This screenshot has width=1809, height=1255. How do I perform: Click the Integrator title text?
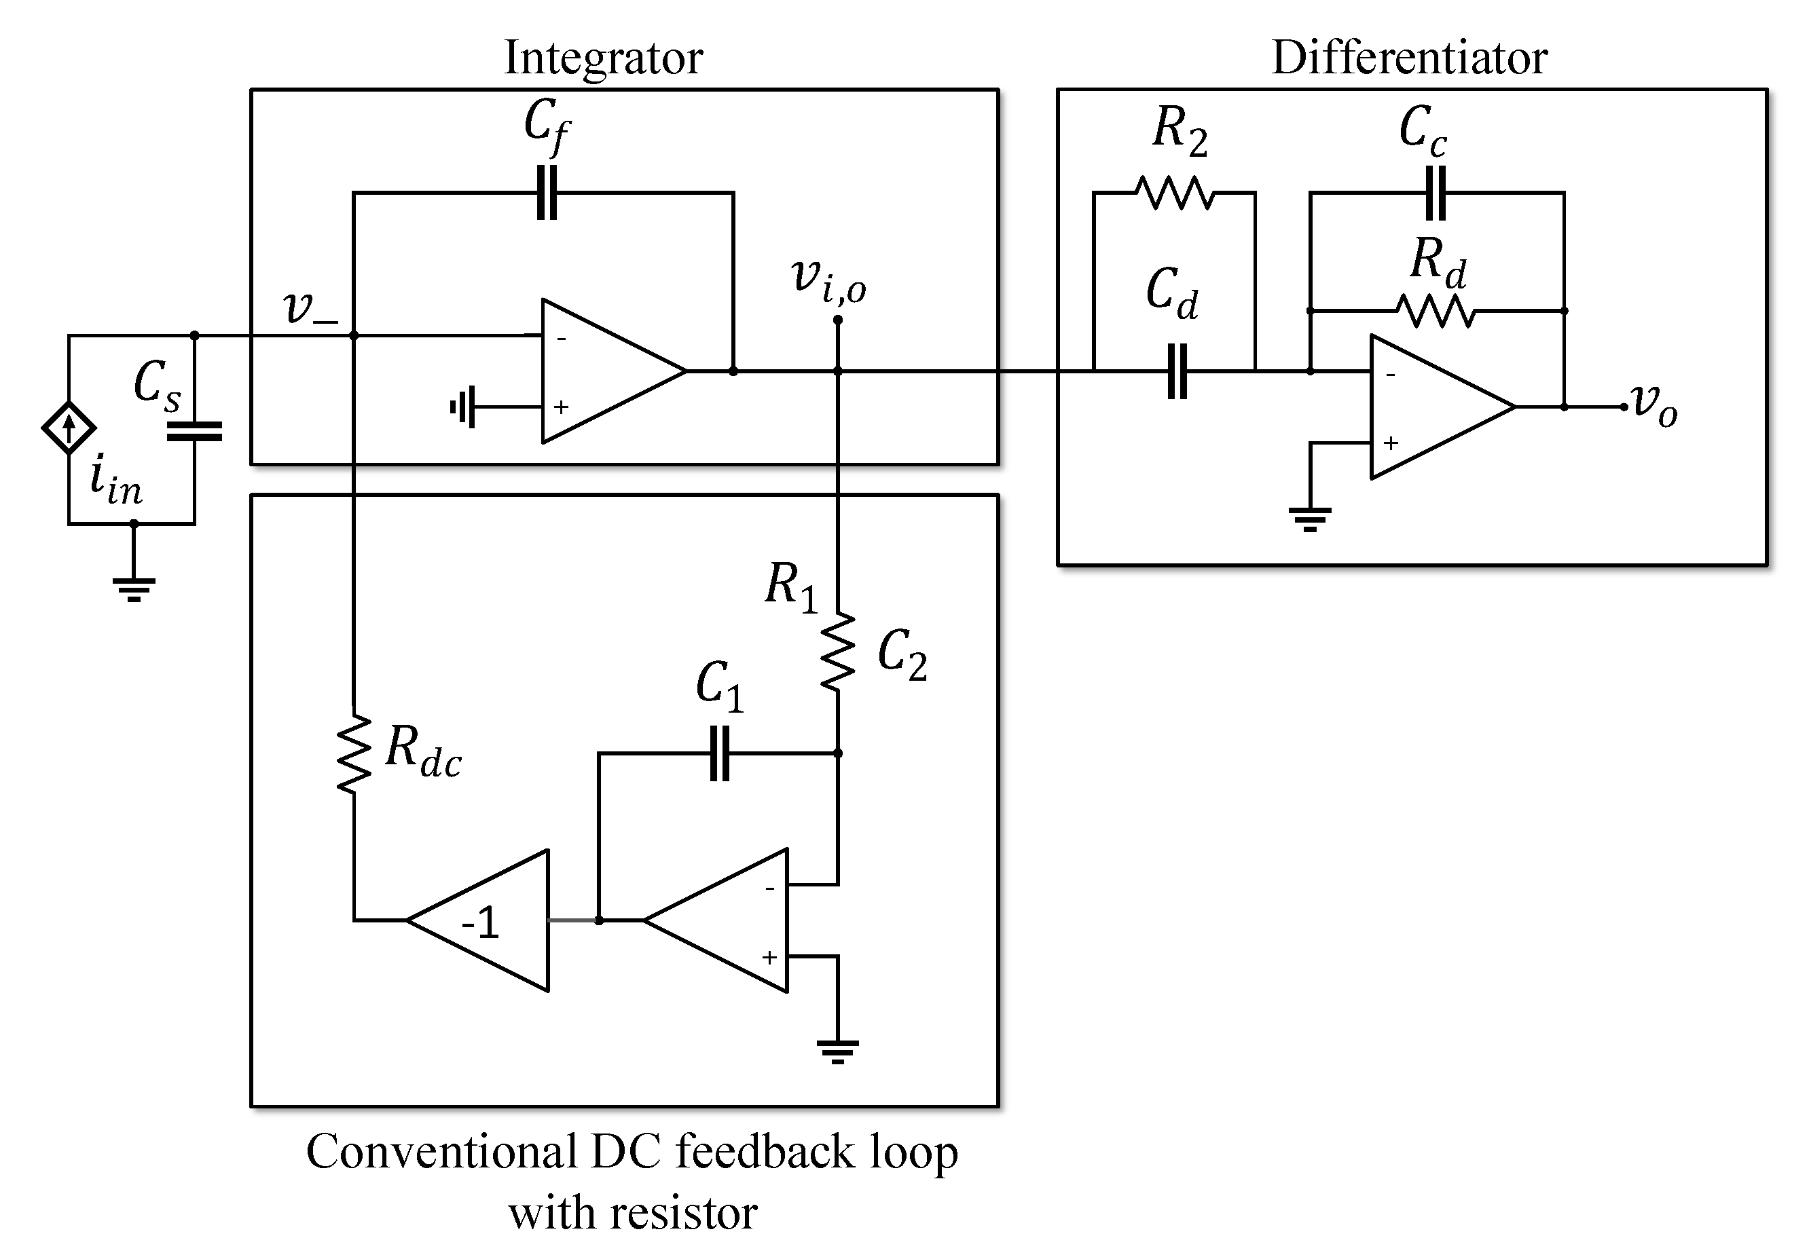[x=602, y=58]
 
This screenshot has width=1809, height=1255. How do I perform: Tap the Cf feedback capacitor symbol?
[x=547, y=192]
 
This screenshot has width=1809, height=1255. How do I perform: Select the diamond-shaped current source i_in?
[x=69, y=428]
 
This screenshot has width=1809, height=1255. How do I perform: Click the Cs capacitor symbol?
[x=194, y=431]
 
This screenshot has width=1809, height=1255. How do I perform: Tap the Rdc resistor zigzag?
[x=354, y=753]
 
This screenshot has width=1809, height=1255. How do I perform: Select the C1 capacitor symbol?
[x=719, y=753]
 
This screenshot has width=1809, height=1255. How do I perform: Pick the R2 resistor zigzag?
[x=1175, y=193]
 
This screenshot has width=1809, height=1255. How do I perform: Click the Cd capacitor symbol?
[x=1177, y=371]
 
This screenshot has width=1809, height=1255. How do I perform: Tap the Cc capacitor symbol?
[x=1436, y=193]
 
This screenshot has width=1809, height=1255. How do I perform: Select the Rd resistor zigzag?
[x=1437, y=312]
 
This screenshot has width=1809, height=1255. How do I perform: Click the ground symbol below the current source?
[x=134, y=586]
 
